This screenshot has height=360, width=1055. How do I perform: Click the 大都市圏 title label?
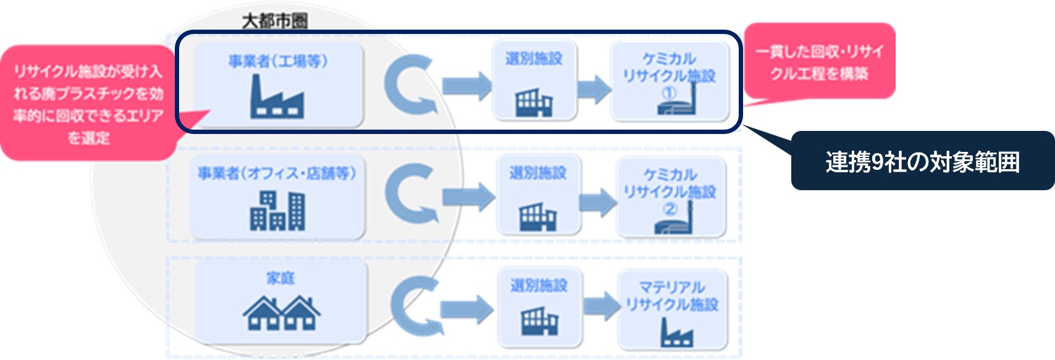click(274, 21)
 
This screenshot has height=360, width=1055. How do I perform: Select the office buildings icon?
click(278, 211)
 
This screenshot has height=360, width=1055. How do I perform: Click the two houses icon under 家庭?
click(281, 313)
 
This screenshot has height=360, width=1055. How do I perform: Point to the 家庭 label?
click(280, 278)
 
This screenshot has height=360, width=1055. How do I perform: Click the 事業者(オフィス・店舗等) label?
click(277, 174)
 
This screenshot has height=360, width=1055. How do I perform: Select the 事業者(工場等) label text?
click(278, 61)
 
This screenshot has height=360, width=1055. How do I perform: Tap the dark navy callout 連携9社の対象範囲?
click(922, 162)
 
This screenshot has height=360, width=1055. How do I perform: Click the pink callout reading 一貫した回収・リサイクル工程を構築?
click(819, 62)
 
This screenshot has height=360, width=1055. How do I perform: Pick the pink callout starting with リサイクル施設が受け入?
click(88, 104)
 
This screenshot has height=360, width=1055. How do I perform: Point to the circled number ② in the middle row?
click(670, 209)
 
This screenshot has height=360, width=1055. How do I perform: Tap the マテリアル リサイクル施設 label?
click(672, 296)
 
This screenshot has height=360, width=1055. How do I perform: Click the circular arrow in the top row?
click(408, 85)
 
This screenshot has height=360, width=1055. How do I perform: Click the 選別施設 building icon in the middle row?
click(537, 217)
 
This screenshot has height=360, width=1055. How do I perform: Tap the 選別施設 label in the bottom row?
click(539, 285)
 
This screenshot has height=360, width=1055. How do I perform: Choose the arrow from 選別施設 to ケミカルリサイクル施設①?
click(594, 88)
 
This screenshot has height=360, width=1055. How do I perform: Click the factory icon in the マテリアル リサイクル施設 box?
click(676, 333)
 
